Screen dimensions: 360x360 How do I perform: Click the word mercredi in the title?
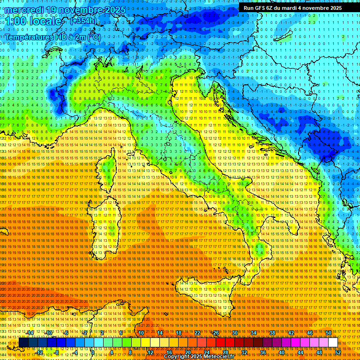coord(24,10)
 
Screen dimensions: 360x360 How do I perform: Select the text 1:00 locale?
coord(34,22)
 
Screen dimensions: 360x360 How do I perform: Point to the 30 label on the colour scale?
coord(234,333)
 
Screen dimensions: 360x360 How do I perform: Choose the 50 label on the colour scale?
coord(329,333)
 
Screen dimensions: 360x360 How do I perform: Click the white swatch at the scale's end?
coord(333,342)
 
